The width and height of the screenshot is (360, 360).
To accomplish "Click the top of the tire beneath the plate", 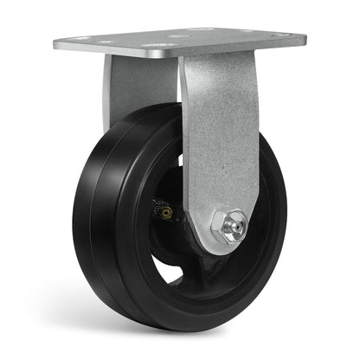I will coord(147,111).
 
